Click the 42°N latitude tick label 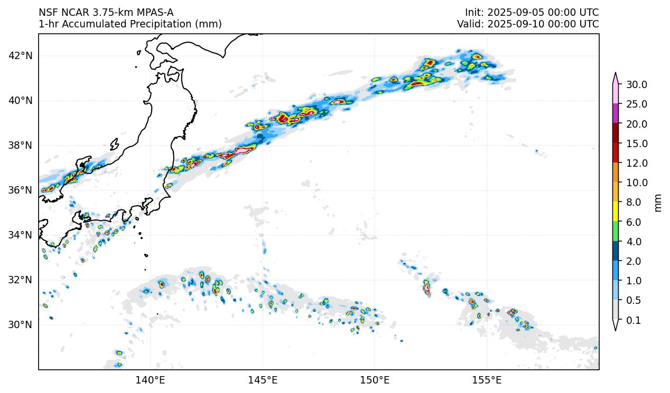pos(21,56)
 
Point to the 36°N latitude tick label pos(21,190)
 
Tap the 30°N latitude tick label pos(21,324)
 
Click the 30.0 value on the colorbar pos(636,84)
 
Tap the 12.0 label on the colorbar pos(636,163)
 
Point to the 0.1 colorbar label pos(633,320)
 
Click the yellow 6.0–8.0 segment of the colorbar pos(616,212)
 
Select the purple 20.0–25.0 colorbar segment pos(616,114)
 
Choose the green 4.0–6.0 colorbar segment pos(616,232)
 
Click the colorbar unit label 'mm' pos(658,202)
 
